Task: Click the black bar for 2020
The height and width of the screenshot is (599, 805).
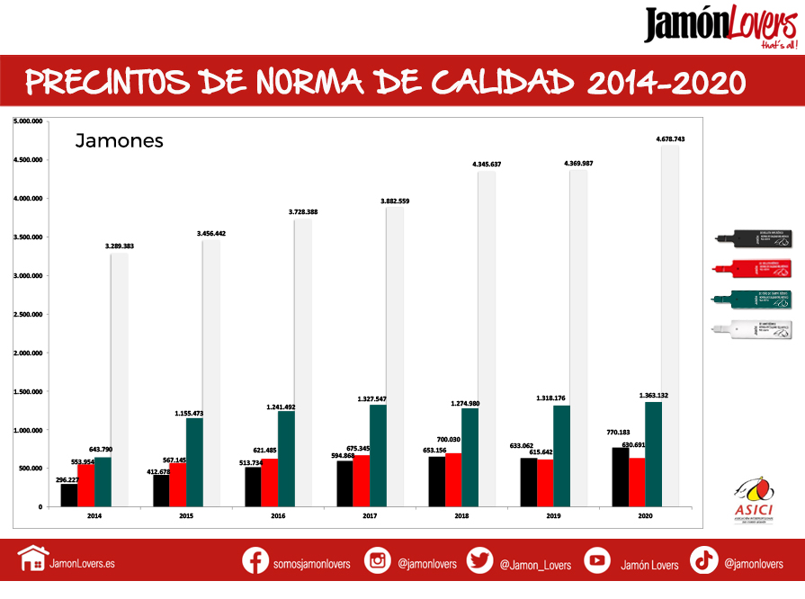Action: pos(620,477)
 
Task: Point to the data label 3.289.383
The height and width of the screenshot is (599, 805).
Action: pos(120,245)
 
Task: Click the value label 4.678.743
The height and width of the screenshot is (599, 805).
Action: pos(670,139)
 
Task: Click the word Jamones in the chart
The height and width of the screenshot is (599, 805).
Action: pos(119,140)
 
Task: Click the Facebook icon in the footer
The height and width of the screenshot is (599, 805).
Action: pos(256,560)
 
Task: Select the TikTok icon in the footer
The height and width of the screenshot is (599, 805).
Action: pos(703,560)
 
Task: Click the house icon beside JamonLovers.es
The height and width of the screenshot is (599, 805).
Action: pos(32,560)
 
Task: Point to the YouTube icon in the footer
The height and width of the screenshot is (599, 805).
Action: pos(597,560)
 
